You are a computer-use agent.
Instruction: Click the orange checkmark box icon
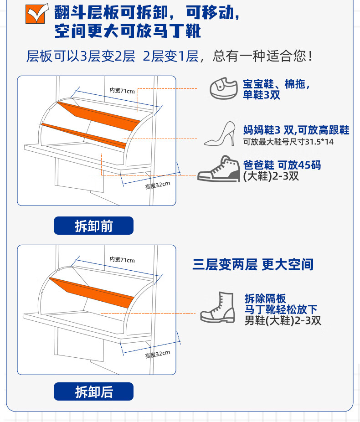pos(36,14)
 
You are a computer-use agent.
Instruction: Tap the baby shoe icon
pos(224,88)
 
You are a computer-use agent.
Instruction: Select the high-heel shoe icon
pos(220,134)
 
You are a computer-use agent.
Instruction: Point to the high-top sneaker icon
pos(219,169)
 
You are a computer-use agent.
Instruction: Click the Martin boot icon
pos(217,307)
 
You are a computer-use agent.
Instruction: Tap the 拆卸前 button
pos(93,226)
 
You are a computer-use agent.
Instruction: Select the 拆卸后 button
pos(93,391)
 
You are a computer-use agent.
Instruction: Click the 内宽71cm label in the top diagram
pos(122,90)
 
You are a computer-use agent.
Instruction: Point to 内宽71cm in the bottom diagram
pos(122,259)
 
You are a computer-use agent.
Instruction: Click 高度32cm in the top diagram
pos(158,185)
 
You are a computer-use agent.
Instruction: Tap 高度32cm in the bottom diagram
pos(158,354)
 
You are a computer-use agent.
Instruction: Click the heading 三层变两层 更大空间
pos(253,264)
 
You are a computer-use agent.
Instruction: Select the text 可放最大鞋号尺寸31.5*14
pos(288,142)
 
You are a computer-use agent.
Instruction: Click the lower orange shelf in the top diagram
pos(84,135)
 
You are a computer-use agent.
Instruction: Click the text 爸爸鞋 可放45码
pos(282,165)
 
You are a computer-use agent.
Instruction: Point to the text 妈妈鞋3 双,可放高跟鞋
pos(296,130)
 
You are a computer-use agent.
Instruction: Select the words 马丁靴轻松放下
pos(281,309)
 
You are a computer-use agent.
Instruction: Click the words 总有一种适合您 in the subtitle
pos(262,56)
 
